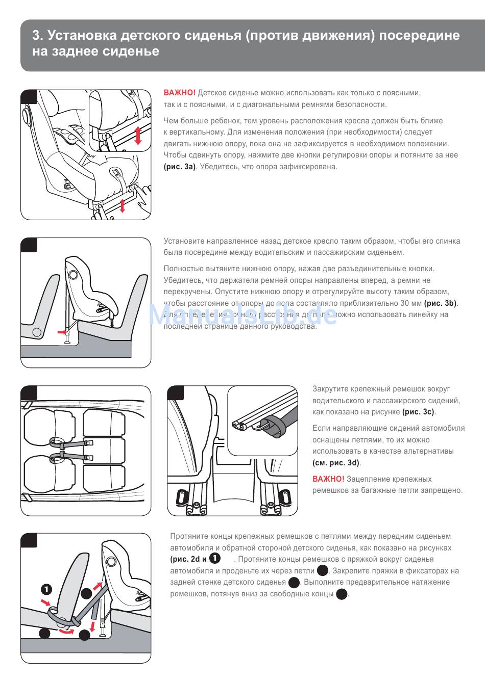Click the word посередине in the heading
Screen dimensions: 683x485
click(419, 35)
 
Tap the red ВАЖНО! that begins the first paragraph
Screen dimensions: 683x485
click(179, 93)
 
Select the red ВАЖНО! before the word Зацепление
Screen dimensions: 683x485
click(328, 479)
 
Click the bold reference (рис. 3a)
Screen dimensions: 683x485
click(180, 167)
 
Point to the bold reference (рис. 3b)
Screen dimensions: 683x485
click(441, 303)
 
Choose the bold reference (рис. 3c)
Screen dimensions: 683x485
click(419, 412)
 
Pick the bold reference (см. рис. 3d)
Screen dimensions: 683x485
click(336, 463)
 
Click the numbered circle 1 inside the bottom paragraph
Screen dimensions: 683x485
click(215, 559)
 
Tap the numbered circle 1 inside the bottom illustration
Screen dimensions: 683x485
click(46, 590)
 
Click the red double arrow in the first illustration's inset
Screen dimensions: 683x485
click(137, 136)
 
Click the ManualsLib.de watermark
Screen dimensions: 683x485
click(243, 315)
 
